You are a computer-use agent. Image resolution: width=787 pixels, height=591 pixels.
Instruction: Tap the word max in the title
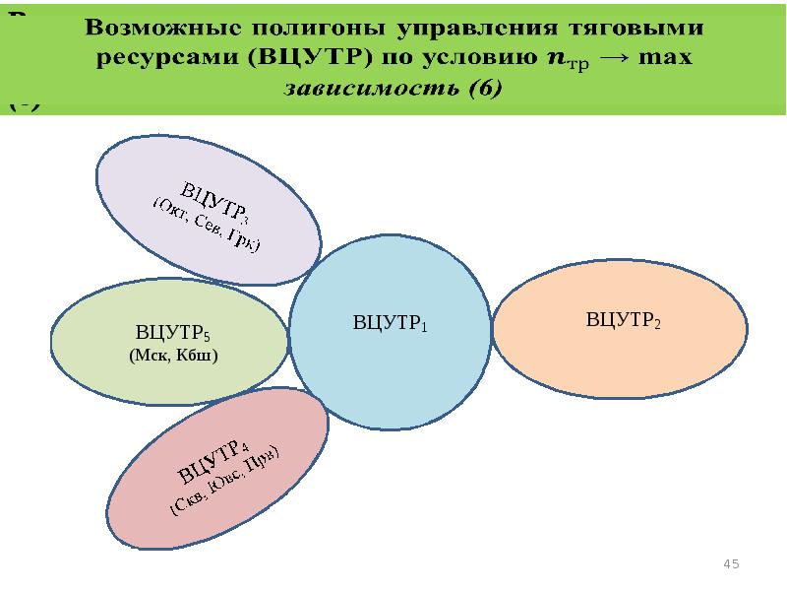tap(665, 57)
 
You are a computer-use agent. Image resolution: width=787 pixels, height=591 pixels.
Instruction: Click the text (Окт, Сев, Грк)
tap(206, 223)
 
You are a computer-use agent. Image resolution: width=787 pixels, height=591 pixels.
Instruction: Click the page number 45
tap(731, 563)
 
